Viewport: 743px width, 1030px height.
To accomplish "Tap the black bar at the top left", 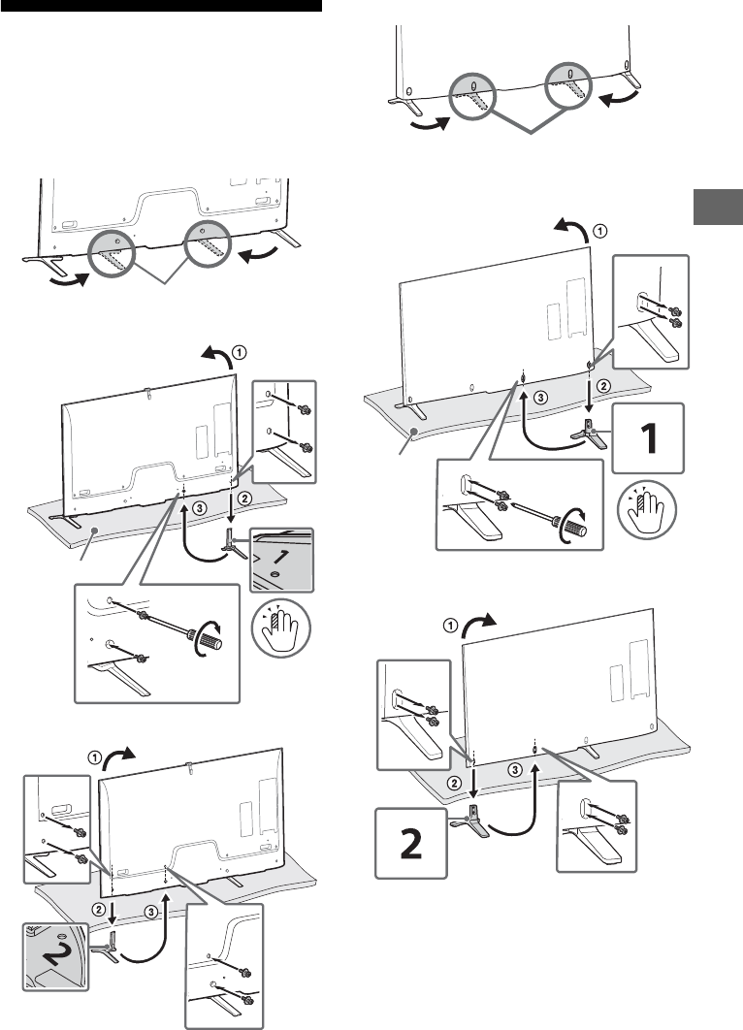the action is point(160,7).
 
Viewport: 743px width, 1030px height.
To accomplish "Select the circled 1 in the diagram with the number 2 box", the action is point(450,626).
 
